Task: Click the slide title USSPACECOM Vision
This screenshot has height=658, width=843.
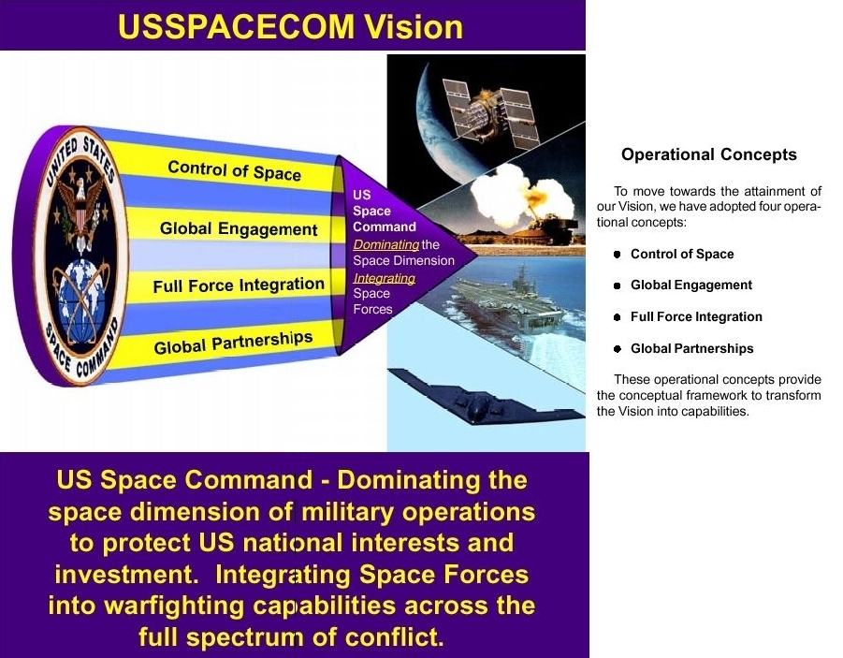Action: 290,26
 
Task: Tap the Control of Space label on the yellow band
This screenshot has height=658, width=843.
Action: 235,170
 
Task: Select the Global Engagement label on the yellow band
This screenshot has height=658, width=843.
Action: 239,229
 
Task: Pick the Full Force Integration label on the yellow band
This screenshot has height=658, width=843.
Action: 239,285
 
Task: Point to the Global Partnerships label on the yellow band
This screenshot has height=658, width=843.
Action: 233,343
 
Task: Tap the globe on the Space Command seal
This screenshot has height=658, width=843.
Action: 80,301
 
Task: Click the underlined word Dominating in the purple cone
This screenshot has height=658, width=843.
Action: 385,245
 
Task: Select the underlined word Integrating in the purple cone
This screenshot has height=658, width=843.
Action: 384,278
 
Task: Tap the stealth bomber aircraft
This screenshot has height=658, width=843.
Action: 485,399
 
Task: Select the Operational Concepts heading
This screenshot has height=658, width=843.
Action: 708,154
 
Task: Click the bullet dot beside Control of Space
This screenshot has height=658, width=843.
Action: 618,254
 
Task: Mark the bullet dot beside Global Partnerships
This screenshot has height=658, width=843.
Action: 618,348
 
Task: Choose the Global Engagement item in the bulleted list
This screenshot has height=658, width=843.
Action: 691,285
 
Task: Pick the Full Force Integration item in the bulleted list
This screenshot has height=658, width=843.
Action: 696,316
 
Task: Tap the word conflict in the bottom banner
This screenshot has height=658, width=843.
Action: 394,637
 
